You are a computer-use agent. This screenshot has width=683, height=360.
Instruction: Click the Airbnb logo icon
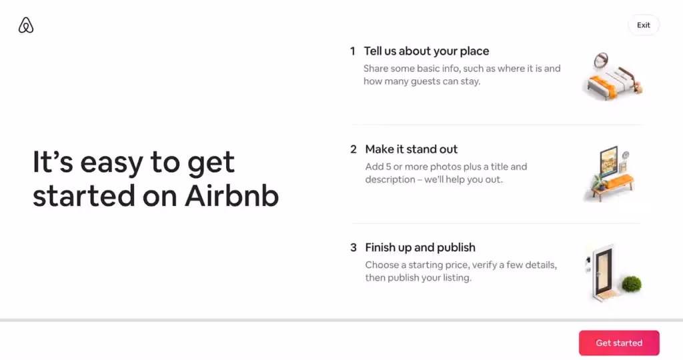[x=26, y=25]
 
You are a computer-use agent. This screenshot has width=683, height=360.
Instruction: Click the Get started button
[x=619, y=343]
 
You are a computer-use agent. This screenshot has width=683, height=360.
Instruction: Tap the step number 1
[x=353, y=51]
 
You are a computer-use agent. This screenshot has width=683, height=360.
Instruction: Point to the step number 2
[x=354, y=149]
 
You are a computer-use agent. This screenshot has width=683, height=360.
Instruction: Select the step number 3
[x=354, y=247]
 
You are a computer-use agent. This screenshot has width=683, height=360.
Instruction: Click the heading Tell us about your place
[x=426, y=51]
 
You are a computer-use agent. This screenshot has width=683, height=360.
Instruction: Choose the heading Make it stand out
[x=411, y=149]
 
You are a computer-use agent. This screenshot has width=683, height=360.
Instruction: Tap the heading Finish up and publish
[x=420, y=247]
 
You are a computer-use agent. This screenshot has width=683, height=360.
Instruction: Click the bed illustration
[x=610, y=81]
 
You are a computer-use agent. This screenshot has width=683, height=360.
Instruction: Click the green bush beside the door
[x=631, y=285]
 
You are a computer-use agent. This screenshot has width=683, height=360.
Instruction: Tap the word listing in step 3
[x=454, y=278]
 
